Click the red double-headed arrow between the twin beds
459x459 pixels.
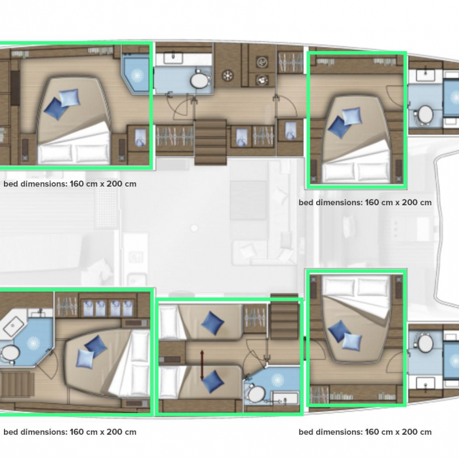(202, 365)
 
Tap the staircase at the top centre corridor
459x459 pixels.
(210, 142)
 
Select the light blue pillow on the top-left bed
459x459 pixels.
(70, 98)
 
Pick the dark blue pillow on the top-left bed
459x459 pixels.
(55, 109)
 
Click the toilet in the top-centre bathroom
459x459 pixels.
(201, 79)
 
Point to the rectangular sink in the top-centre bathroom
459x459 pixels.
(173, 58)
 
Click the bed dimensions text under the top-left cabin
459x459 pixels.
(70, 184)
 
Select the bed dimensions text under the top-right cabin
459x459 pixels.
(365, 203)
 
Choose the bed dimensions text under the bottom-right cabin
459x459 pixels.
(365, 432)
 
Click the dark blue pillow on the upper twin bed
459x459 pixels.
(212, 323)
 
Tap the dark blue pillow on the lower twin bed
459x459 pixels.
(213, 382)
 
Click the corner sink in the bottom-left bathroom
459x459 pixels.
(14, 326)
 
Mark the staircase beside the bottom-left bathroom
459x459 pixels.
(16, 384)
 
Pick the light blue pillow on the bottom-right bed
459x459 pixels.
(352, 342)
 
